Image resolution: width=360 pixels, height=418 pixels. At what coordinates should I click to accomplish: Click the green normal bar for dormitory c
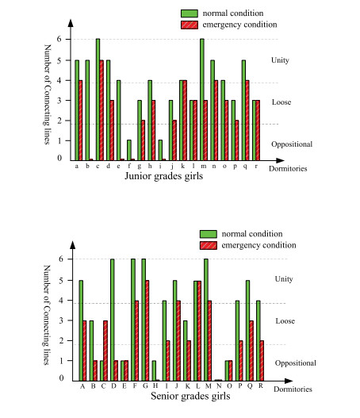click(98, 100)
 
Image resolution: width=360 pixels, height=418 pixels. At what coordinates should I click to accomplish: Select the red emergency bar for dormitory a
click(80, 121)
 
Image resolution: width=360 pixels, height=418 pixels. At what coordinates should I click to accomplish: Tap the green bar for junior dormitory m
click(202, 100)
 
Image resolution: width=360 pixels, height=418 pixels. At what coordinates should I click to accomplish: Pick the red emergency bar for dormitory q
click(247, 121)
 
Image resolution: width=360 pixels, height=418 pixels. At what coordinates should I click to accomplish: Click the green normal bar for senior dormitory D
click(113, 320)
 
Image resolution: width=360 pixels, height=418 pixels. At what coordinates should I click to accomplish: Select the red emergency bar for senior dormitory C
click(105, 351)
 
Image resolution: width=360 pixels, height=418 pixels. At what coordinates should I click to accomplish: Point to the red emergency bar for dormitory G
click(147, 331)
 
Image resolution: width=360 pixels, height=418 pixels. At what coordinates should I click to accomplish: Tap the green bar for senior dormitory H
click(154, 370)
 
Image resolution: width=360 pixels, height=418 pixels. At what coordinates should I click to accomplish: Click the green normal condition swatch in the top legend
click(190, 13)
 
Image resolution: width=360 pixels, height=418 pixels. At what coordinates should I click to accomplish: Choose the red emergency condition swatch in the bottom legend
click(209, 245)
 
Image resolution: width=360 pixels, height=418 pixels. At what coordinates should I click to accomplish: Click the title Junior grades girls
click(164, 176)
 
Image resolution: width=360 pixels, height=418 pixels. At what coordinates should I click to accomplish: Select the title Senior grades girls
click(190, 396)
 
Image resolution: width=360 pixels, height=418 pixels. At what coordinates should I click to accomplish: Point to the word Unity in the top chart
click(280, 60)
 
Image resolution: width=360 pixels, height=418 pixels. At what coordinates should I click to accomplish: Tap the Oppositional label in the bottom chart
click(296, 363)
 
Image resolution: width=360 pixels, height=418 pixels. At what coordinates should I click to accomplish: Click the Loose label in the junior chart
click(281, 102)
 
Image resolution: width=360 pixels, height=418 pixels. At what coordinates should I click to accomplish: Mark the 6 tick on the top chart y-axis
click(59, 39)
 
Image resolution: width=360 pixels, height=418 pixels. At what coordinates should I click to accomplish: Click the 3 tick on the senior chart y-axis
click(61, 320)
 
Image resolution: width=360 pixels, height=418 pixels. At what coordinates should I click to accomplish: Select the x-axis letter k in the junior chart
click(182, 166)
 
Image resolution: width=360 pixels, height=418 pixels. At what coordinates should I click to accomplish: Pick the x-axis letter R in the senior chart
click(260, 385)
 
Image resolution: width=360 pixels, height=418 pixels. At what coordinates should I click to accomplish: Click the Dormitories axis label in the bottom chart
click(293, 389)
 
